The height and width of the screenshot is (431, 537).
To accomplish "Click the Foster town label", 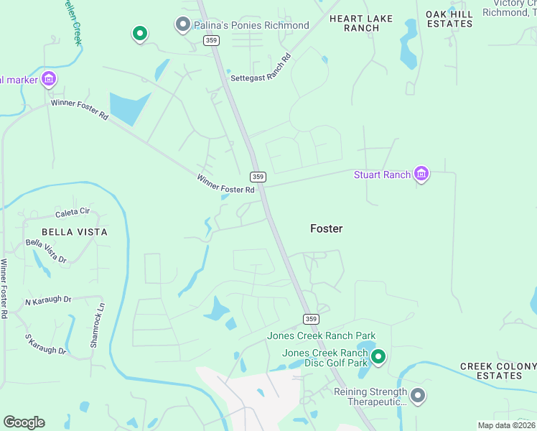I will (326, 228).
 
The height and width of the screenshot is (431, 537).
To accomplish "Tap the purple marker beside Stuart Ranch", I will (421, 175).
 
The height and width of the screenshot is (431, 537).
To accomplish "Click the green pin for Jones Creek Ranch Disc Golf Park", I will (378, 356).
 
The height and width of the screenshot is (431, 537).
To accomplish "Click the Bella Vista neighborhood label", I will (75, 232).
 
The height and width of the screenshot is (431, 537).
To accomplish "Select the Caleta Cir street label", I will (73, 213).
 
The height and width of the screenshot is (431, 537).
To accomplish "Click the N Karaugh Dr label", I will (48, 300).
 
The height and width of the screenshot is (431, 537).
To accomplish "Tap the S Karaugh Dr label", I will (45, 344).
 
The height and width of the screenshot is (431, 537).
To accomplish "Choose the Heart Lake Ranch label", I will (354, 22).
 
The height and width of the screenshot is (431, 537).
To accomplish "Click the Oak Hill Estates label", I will (449, 19).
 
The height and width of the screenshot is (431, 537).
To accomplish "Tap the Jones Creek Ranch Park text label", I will (321, 336).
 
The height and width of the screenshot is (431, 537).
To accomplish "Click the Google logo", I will (24, 422).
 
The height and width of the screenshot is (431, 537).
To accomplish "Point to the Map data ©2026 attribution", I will (507, 425).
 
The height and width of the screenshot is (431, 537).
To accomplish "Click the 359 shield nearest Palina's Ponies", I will (211, 41).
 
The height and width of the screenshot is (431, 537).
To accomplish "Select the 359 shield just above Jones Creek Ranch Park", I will (310, 319).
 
